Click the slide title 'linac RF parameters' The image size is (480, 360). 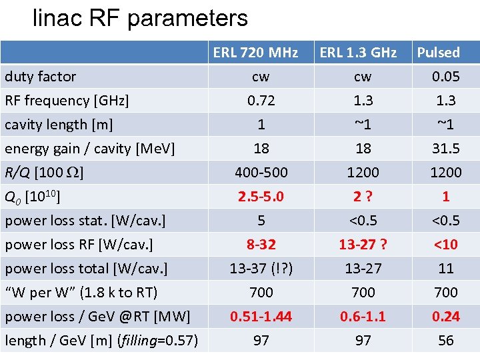tap(140, 18)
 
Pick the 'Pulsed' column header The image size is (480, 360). tap(439, 53)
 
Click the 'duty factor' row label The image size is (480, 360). tap(41, 77)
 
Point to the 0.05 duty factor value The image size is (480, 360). tap(445, 77)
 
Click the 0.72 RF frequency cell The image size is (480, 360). tap(261, 101)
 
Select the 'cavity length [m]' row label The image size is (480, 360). tap(59, 125)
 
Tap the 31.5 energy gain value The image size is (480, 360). tap(445, 149)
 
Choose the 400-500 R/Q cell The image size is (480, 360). tap(261, 173)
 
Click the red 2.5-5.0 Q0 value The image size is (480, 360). tap(261, 197)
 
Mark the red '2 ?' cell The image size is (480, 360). tap(363, 197)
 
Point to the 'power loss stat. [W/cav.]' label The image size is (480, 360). tap(85, 221)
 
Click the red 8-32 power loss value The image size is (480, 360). tap(261, 245)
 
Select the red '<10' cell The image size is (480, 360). tap(445, 245)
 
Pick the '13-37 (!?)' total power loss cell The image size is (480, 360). tap(261, 269)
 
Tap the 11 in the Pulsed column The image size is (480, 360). tap(445, 269)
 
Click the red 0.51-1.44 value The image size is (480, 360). tap(261, 317)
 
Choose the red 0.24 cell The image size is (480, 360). tap(445, 317)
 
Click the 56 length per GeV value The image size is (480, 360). tap(445, 341)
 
